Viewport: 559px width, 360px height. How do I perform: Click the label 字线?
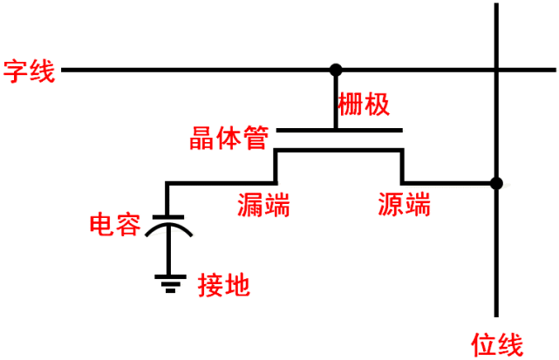(30, 70)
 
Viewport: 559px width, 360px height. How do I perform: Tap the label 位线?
(496, 343)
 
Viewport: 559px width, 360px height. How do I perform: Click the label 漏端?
(263, 206)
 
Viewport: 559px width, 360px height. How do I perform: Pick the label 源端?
(404, 206)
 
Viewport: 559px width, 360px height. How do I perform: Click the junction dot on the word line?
(336, 69)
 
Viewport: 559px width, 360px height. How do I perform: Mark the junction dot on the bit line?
(496, 183)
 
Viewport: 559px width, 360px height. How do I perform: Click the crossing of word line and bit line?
(496, 69)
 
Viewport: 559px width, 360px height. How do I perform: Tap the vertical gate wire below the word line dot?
(336, 100)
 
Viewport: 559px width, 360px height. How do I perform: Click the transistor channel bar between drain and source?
(339, 151)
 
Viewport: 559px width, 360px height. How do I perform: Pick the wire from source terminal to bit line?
(449, 183)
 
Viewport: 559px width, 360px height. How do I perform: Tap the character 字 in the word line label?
(17, 70)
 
